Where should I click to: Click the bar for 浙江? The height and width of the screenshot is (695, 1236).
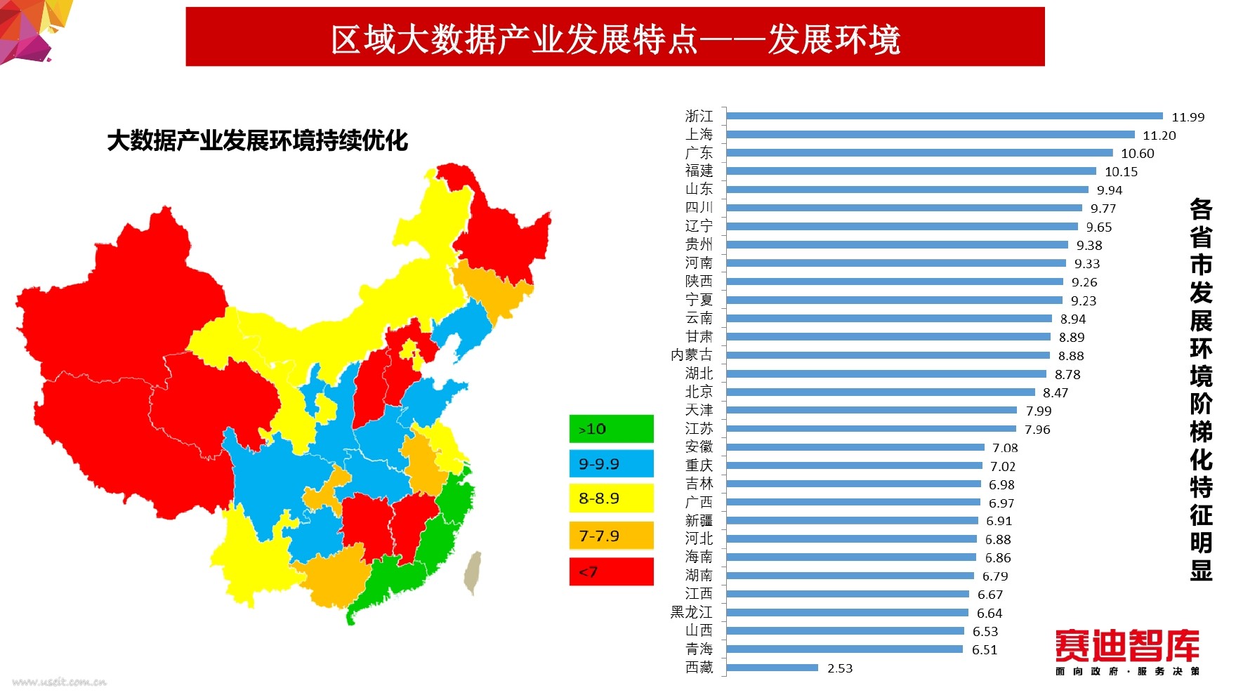(x=945, y=116)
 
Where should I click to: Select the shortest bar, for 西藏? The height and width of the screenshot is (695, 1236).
(x=772, y=668)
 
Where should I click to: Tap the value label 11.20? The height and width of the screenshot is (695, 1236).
(x=1159, y=135)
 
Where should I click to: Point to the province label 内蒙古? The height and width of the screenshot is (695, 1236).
(x=691, y=355)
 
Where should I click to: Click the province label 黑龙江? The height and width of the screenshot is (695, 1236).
(x=691, y=612)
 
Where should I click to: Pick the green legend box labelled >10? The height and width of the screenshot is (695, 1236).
(x=611, y=429)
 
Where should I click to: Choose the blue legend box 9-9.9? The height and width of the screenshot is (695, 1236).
(x=611, y=464)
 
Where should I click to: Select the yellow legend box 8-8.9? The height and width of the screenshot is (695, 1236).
(x=611, y=498)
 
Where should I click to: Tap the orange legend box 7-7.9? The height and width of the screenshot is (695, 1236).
(x=611, y=536)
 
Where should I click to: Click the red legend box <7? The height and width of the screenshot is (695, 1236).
(x=611, y=571)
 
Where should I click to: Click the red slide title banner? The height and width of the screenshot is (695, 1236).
(x=615, y=37)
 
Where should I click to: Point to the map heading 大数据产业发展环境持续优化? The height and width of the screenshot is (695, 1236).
(x=257, y=140)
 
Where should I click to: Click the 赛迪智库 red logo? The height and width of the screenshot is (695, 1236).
(x=1127, y=646)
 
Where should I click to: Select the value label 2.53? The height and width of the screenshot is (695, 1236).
(x=840, y=668)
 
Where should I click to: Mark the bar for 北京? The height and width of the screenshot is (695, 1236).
(x=881, y=392)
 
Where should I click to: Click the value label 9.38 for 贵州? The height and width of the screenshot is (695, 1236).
(x=1089, y=246)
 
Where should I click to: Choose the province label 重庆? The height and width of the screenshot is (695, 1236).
(x=699, y=465)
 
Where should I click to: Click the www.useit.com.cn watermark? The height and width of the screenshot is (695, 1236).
(x=60, y=682)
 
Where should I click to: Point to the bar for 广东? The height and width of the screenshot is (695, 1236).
(x=919, y=152)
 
